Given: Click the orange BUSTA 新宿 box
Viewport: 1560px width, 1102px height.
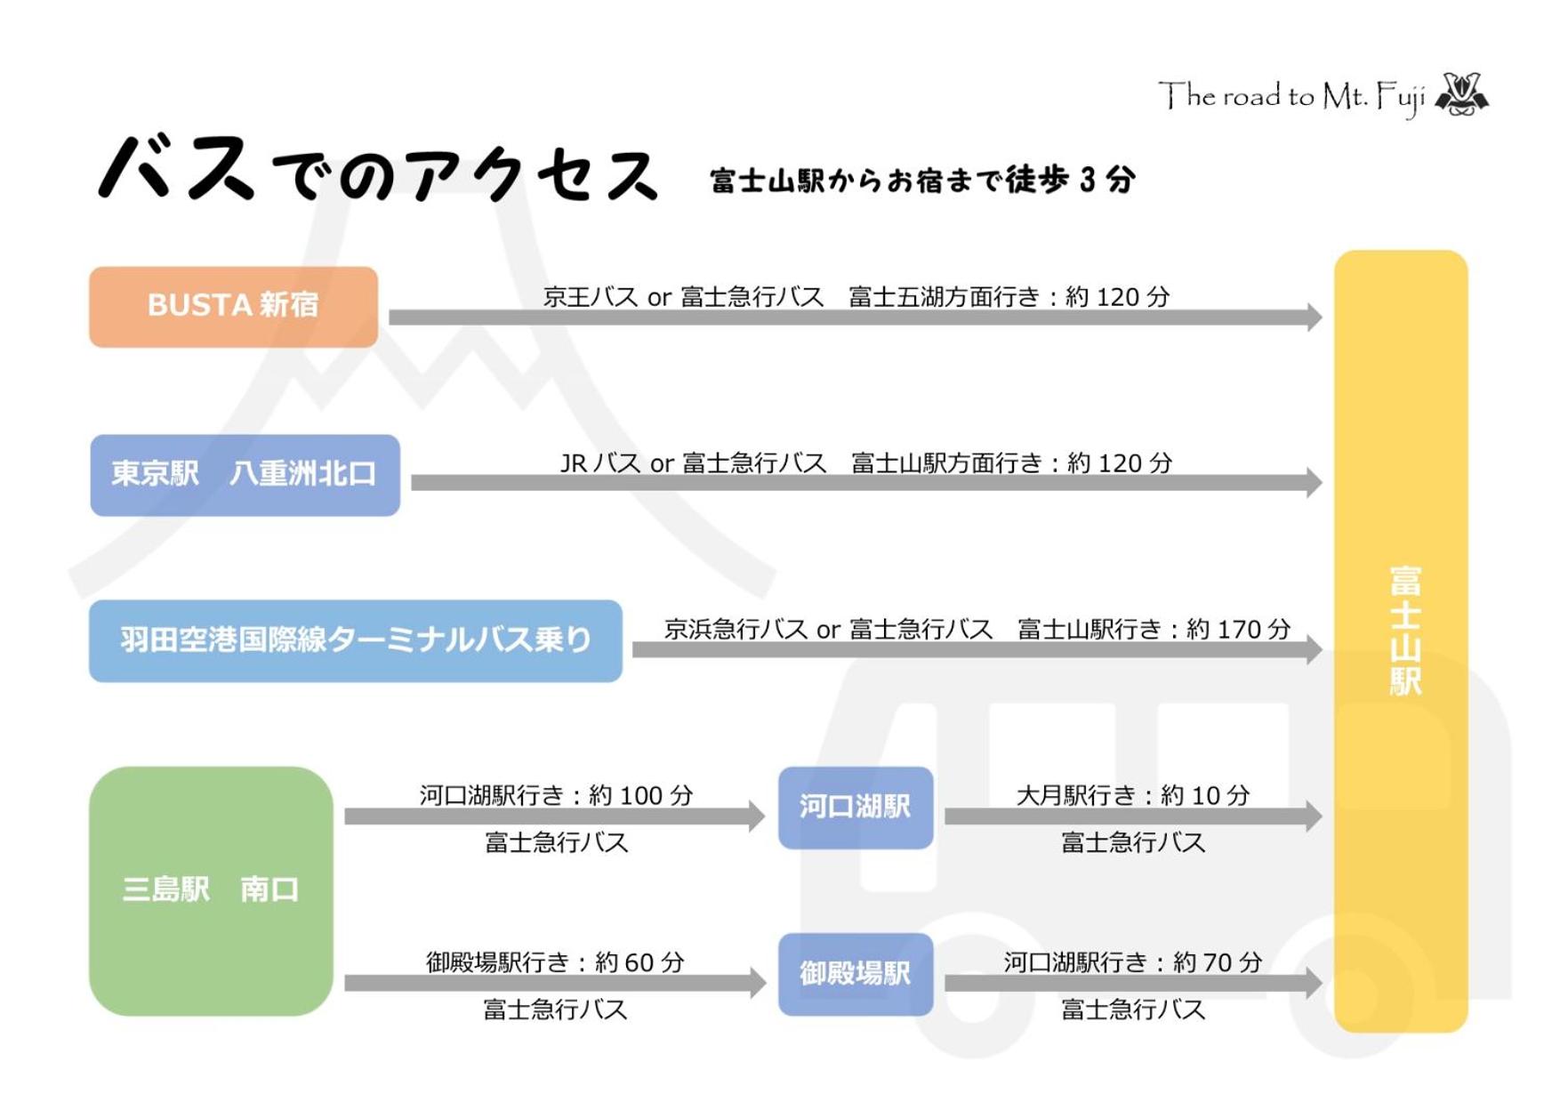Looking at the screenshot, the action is [233, 307].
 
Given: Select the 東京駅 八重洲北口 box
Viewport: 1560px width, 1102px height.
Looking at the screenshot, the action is [245, 475].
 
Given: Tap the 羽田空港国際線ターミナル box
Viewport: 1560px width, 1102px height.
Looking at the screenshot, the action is [356, 641].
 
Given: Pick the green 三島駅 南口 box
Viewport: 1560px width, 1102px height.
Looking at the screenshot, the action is [211, 890].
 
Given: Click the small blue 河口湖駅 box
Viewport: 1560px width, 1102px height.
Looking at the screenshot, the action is [856, 808].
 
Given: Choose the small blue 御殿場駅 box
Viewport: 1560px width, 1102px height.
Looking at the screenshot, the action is [856, 974].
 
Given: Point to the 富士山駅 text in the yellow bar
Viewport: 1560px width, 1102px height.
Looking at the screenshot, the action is [1405, 630].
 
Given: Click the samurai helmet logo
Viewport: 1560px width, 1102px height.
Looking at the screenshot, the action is [1461, 94].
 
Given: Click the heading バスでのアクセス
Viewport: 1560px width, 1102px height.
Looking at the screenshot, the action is [378, 169].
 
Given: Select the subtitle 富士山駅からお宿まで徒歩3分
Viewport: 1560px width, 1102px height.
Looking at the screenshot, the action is [922, 181].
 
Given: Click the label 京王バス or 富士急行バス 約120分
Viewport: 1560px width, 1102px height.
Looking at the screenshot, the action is [856, 297].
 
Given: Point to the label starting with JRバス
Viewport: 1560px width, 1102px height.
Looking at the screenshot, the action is [866, 463].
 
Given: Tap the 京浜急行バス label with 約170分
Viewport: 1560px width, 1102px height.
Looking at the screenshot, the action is [977, 630].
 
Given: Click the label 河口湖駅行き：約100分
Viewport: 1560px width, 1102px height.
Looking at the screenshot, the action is [556, 795].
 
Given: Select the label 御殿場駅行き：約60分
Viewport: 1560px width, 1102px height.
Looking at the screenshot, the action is [555, 962].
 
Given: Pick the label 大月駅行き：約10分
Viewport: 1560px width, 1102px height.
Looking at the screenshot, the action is [1133, 795].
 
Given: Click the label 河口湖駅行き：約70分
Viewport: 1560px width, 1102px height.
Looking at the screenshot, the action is [1133, 962].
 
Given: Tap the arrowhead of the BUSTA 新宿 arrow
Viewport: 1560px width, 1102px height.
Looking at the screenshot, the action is [1315, 318].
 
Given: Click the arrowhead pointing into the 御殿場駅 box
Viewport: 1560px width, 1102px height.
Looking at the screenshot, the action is [758, 983].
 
